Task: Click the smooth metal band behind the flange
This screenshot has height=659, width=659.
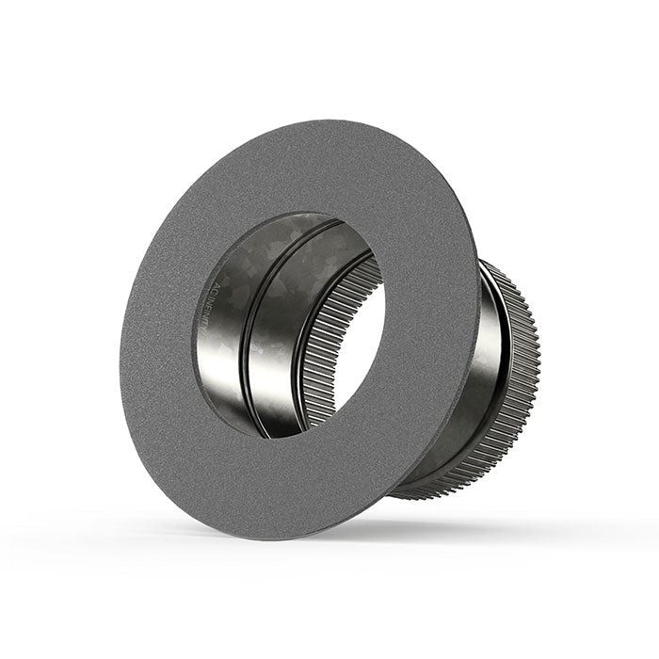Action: (x=490, y=377)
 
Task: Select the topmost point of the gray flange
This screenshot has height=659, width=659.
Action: (x=311, y=120)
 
